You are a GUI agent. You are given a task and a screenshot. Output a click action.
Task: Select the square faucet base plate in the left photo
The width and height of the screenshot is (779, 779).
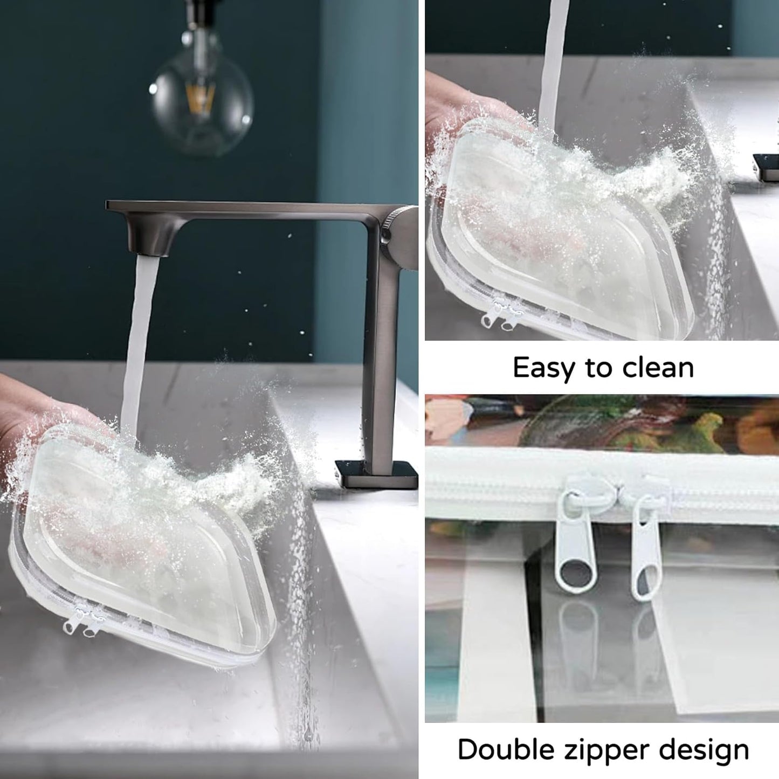pos(377,474)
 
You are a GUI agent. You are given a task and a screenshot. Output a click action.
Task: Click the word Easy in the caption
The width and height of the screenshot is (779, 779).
pos(545,368)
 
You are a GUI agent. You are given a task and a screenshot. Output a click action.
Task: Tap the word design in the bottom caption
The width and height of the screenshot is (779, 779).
pos(706,749)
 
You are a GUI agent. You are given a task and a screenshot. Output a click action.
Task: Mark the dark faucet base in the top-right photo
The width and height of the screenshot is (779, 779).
pos(766,167)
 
